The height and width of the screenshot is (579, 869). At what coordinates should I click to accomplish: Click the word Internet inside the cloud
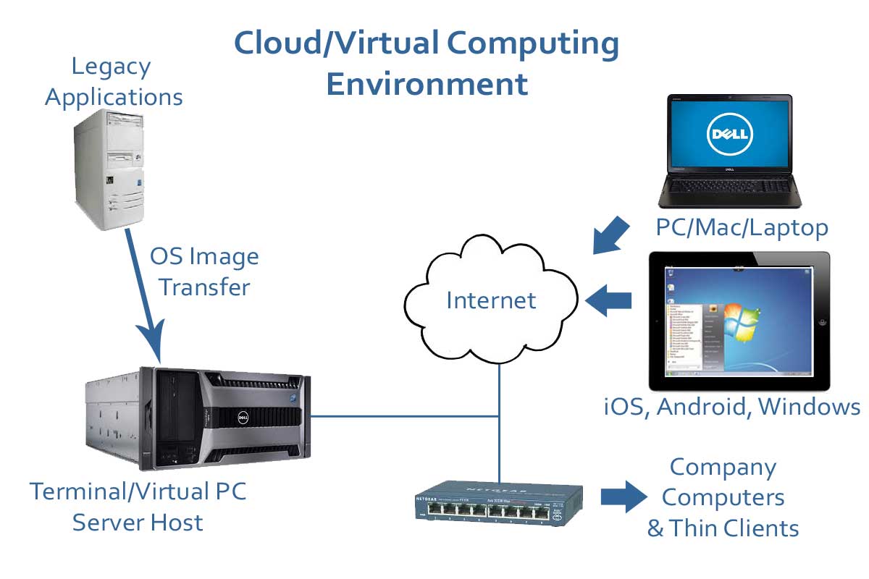(491, 300)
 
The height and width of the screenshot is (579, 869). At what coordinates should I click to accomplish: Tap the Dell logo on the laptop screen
(730, 134)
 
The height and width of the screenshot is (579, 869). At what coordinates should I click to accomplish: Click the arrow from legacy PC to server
(145, 297)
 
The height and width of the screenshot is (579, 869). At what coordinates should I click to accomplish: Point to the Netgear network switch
(500, 499)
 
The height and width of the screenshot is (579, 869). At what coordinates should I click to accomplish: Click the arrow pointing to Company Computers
(623, 497)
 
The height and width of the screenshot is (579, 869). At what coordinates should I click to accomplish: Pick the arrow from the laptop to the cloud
(612, 233)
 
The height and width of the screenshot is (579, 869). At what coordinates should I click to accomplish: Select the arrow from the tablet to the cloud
(608, 300)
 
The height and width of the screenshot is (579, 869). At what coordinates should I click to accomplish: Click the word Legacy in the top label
(111, 67)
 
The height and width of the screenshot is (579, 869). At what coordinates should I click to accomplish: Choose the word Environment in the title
(427, 84)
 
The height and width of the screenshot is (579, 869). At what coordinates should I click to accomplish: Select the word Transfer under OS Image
(204, 287)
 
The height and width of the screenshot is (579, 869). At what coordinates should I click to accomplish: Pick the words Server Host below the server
(138, 522)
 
